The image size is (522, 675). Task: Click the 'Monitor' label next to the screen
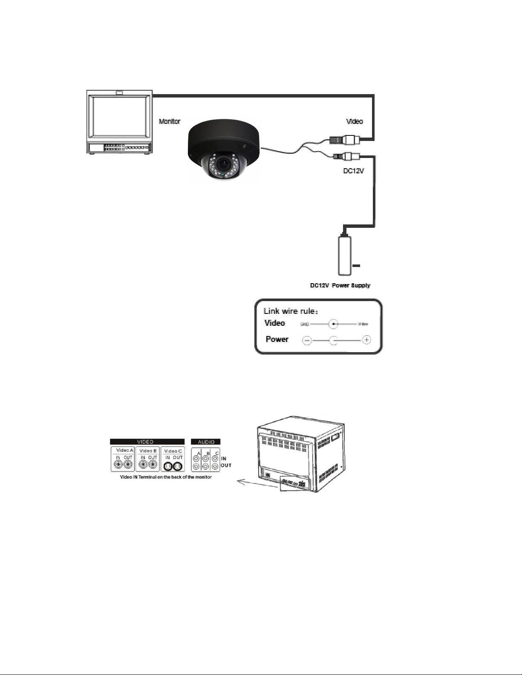pos(170,121)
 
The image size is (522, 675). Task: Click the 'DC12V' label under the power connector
pos(353,171)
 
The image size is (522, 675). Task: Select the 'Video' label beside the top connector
pos(355,121)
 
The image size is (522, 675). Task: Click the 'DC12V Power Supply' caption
pos(340,285)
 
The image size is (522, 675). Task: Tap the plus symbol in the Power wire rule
pos(366,340)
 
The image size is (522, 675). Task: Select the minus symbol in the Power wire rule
pos(307,340)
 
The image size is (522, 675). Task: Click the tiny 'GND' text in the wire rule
pos(305,324)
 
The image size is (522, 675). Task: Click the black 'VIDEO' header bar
pos(147,442)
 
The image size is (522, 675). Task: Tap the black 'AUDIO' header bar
pos(206,442)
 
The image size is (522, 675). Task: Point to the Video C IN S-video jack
pos(168,466)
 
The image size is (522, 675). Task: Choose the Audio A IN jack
pos(196,459)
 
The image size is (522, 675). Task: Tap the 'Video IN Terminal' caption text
pos(166,477)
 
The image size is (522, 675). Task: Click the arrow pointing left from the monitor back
pos(247,482)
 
